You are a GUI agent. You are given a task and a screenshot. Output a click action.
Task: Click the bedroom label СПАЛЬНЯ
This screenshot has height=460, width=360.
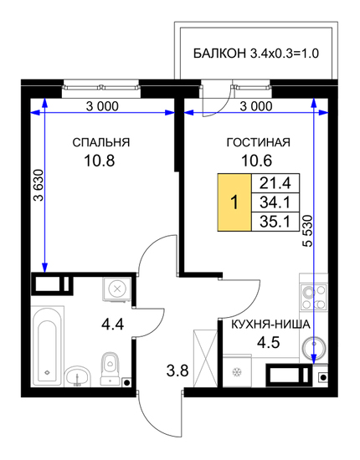point(101,142)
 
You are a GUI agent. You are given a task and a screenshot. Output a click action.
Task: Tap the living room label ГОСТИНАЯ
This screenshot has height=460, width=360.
point(259,142)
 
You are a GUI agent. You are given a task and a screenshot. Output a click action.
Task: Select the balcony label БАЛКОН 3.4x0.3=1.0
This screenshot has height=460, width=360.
point(256,54)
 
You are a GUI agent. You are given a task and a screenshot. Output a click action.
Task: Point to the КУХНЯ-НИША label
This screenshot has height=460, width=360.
point(270,325)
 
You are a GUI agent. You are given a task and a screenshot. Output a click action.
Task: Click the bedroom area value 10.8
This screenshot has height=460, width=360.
point(100,161)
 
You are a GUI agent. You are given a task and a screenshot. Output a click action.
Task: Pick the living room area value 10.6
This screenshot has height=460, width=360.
point(257,161)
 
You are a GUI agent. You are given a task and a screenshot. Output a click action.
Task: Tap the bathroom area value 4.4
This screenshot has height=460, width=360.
point(112,325)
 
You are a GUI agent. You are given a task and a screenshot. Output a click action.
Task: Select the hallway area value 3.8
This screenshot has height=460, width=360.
point(177,371)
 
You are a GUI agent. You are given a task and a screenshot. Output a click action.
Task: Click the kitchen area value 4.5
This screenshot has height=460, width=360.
point(269,342)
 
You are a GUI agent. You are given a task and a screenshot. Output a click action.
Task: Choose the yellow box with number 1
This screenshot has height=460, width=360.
point(234,202)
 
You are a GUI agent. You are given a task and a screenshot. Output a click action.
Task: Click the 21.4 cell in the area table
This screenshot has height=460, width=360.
point(275,183)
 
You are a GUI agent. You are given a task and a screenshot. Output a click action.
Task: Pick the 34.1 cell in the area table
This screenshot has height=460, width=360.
point(275,202)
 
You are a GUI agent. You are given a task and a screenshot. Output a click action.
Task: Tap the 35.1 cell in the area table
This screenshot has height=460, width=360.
point(275,222)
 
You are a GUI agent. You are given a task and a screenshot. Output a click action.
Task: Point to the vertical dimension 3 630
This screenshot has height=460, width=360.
point(39,186)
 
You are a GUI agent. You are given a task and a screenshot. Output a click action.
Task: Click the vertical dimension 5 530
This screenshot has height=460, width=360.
point(308,231)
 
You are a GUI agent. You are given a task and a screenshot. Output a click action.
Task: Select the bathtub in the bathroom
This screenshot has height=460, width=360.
point(47,346)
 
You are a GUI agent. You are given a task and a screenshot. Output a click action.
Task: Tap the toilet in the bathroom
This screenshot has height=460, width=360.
point(110,369)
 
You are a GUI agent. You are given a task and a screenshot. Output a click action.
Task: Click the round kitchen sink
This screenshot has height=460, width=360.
point(314,348)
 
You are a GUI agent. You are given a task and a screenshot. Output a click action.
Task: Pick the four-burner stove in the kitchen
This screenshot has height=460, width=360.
point(314,297)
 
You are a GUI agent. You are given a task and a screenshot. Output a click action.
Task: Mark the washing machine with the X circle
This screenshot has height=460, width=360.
point(117,289)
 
